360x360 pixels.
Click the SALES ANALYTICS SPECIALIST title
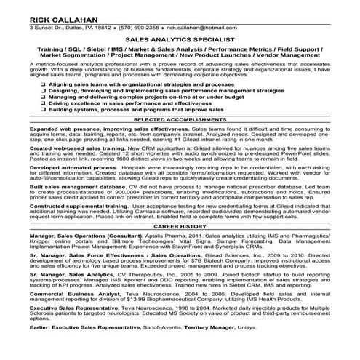click(179, 41)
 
